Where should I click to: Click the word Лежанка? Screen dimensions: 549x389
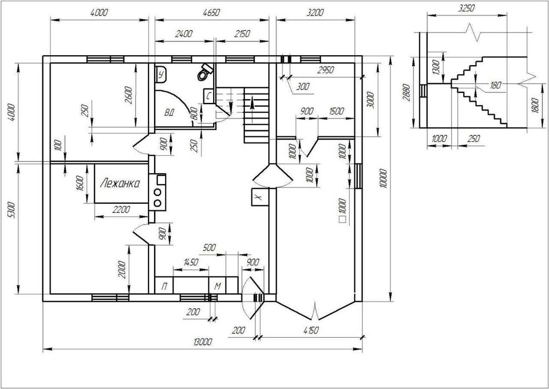click(120, 183)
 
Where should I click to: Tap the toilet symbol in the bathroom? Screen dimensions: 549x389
click(205, 72)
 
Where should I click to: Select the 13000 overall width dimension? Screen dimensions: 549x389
click(202, 342)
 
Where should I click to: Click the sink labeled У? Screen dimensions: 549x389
click(161, 75)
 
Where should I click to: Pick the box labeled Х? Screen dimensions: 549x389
click(260, 198)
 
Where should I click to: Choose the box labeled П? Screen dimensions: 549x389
click(164, 285)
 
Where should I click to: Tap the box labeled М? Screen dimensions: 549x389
click(217, 285)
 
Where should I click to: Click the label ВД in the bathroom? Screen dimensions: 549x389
click(170, 113)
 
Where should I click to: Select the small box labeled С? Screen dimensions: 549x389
click(209, 96)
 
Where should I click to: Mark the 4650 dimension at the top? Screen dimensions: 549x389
click(211, 13)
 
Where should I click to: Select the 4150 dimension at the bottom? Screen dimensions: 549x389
click(310, 331)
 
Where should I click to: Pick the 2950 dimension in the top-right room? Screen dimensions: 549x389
click(325, 70)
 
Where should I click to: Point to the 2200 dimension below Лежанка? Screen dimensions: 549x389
click(121, 210)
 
